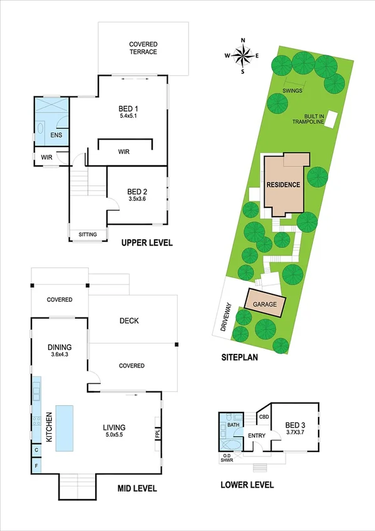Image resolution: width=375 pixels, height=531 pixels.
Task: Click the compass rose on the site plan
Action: click(x=242, y=56)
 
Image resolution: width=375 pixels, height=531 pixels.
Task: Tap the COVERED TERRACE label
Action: click(x=143, y=48)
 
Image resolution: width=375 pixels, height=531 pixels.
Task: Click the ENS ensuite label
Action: click(x=46, y=134)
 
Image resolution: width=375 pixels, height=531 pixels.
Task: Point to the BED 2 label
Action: click(x=136, y=192)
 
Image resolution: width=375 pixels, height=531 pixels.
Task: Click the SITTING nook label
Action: click(x=88, y=235)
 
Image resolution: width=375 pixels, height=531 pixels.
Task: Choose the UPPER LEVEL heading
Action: click(x=146, y=243)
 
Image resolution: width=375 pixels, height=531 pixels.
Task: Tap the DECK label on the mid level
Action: click(x=128, y=321)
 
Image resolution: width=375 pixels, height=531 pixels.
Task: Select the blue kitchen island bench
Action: click(x=65, y=428)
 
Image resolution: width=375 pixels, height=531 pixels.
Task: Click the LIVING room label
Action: click(x=116, y=428)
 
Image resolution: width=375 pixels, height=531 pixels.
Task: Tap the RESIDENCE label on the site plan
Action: click(x=284, y=185)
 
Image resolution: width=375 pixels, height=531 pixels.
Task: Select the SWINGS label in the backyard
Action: click(x=292, y=91)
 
